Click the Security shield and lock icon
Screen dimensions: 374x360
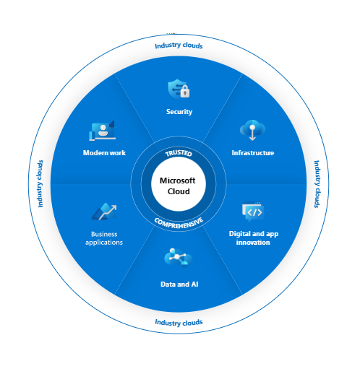pos(179,89)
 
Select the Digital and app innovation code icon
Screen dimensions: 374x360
pos(252,212)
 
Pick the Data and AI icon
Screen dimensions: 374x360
pos(179,258)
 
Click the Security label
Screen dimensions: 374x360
pos(179,112)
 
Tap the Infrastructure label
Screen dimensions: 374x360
pos(252,153)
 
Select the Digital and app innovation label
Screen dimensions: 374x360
pos(249,238)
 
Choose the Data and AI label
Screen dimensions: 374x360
pos(179,284)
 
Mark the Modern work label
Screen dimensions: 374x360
pos(105,153)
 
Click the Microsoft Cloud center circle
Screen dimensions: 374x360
pos(179,186)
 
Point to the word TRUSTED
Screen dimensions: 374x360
pos(179,153)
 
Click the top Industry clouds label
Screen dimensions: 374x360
pos(179,45)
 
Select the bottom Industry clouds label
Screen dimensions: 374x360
pos(179,322)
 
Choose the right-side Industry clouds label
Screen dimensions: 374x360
pos(317,184)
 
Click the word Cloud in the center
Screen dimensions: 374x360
pos(179,192)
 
